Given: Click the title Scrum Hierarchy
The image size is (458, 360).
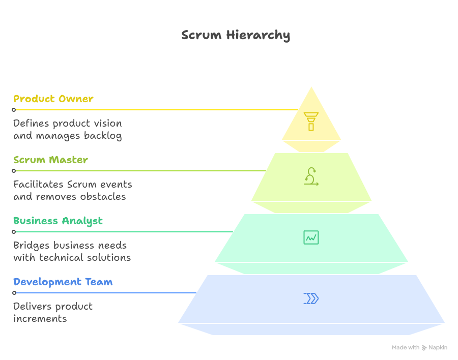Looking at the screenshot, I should pos(236,35).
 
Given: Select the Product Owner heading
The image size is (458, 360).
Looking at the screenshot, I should pos(53,99).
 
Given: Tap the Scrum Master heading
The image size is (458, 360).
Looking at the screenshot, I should pos(51,160).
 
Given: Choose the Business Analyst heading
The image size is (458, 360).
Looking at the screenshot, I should pos(58,221).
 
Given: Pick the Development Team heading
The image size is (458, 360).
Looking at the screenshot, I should pos(63,282).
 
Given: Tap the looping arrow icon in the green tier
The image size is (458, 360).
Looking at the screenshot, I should pos(311,176).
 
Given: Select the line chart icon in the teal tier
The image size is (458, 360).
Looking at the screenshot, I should pos(311,237).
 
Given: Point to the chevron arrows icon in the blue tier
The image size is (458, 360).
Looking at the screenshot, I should pos(311,298).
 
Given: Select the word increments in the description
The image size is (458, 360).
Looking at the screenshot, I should pos(40,319).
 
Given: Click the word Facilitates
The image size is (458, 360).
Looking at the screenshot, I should pos(39,185).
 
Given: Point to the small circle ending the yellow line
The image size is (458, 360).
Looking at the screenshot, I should pos(14,110).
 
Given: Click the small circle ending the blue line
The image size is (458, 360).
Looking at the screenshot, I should pos(14,293).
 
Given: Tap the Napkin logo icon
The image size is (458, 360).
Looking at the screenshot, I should pos(424,348).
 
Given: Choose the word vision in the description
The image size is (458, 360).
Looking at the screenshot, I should pos(107,124).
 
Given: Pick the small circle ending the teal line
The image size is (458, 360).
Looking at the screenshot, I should pos(14,232).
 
